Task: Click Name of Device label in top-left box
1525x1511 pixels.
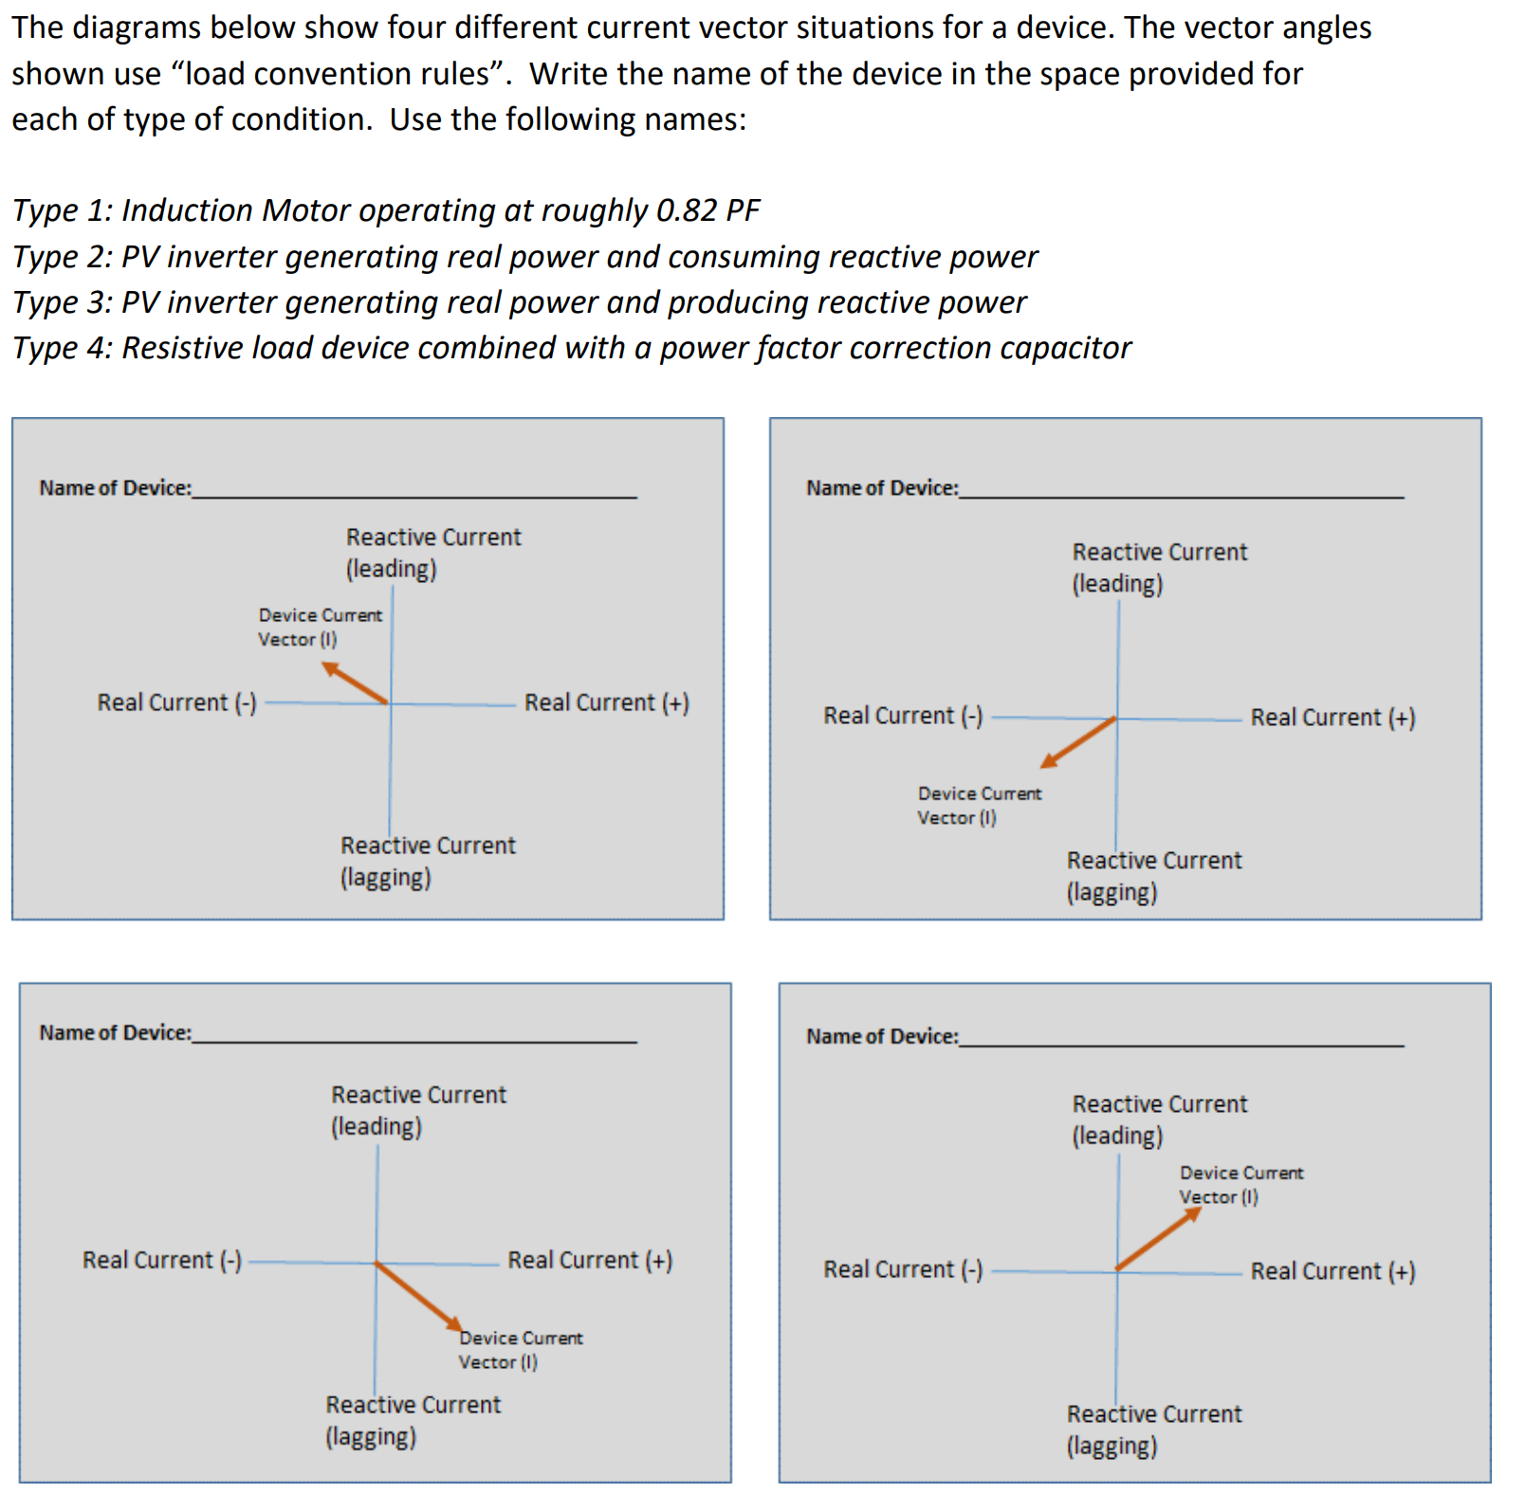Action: [115, 487]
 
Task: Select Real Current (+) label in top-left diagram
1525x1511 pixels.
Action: [607, 702]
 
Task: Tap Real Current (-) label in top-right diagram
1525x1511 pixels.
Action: [902, 716]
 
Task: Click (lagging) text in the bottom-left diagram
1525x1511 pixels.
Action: [371, 1437]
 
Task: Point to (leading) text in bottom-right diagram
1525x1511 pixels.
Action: [1117, 1136]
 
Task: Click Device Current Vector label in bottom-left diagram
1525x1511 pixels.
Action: [520, 1350]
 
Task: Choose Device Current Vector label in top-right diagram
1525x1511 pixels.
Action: [979, 805]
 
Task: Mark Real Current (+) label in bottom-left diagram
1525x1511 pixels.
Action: [590, 1260]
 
